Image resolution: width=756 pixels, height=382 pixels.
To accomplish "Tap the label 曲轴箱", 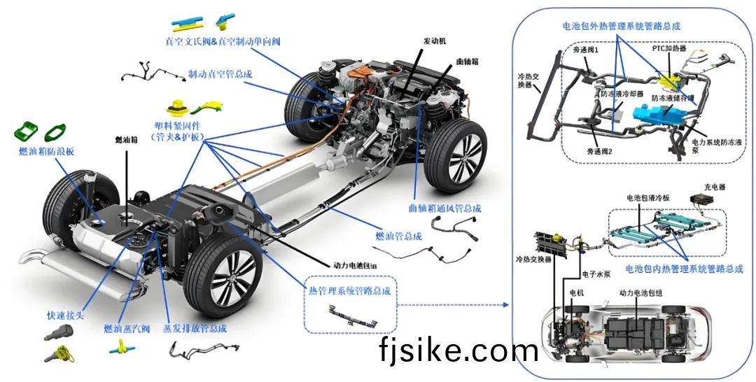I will click(468, 62).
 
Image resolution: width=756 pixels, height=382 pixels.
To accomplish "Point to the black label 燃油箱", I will click(126, 139).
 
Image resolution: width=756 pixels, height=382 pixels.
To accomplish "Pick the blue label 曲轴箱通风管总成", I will click(445, 208).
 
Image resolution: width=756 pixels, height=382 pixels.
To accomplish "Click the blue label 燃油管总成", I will click(398, 236).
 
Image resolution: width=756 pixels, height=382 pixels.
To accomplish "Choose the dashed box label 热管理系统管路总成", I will click(350, 290).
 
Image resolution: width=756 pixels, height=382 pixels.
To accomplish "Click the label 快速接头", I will click(65, 316).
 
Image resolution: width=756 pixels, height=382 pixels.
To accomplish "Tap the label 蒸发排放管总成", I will click(195, 327).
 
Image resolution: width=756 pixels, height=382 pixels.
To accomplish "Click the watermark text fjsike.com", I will click(458, 350).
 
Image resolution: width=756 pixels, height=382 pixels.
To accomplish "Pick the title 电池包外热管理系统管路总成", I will click(622, 27).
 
